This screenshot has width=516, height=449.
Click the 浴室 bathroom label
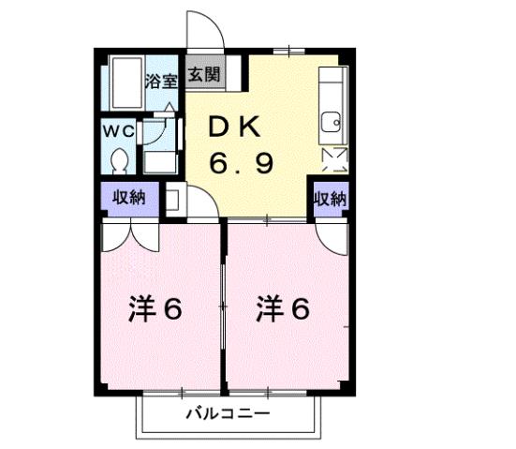[x=160, y=82]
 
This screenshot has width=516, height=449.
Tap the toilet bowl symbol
[x=119, y=162]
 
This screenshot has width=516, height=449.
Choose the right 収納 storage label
[x=330, y=199]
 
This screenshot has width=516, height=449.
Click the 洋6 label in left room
[x=155, y=310]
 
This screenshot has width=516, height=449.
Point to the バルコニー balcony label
[x=227, y=413]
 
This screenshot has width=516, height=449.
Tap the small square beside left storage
[x=171, y=199]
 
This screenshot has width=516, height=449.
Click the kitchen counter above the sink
[x=330, y=89]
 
